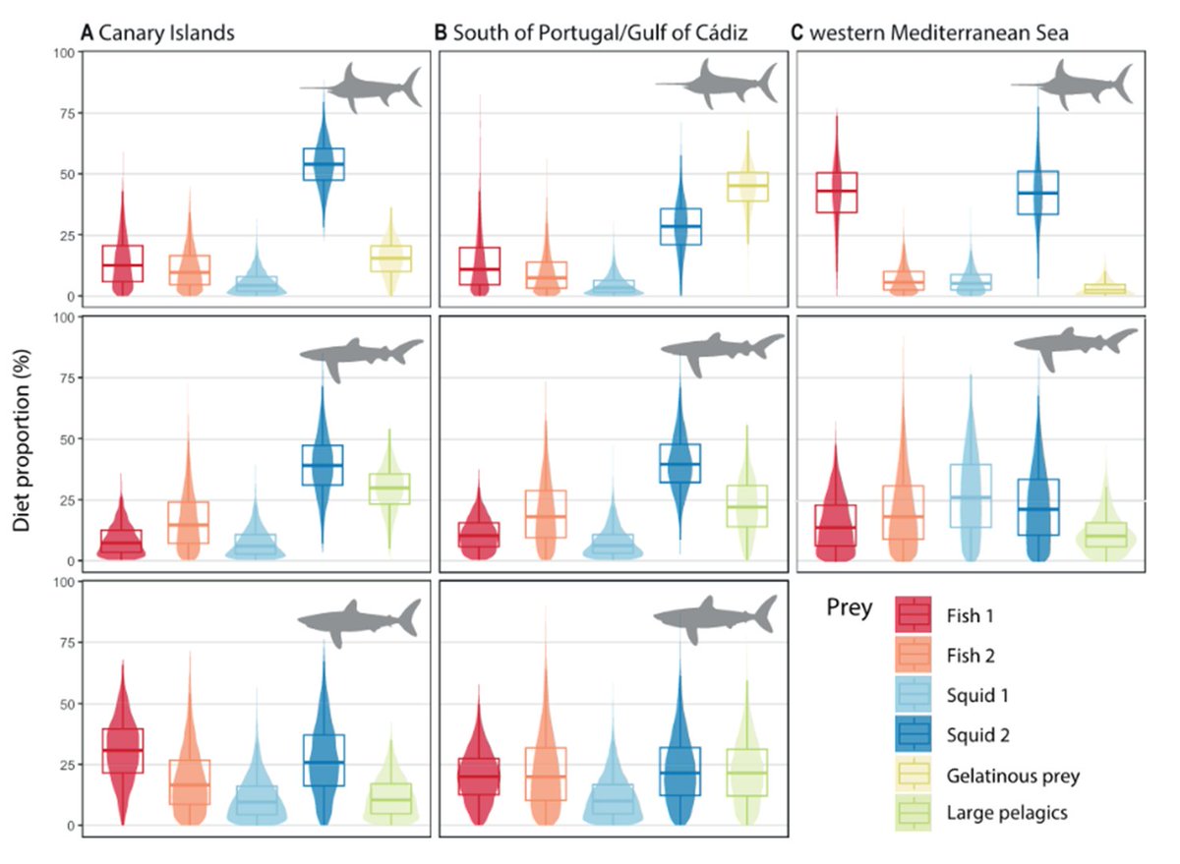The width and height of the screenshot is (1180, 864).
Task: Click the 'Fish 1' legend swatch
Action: (x=914, y=615)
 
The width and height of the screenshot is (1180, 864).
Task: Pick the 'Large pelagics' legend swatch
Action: (x=914, y=815)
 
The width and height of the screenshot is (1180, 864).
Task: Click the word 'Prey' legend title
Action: (x=848, y=609)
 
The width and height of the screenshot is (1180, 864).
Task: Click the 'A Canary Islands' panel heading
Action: (x=158, y=33)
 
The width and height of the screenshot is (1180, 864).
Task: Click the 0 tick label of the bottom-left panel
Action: (x=69, y=826)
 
